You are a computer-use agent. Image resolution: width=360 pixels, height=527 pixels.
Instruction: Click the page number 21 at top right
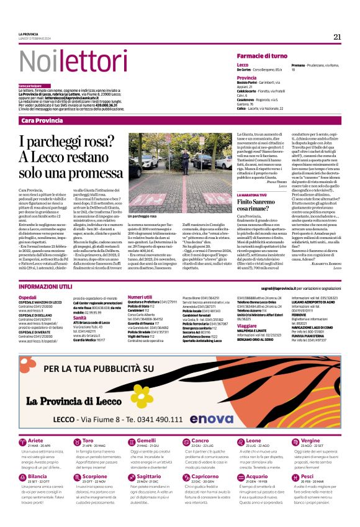pos(337,37)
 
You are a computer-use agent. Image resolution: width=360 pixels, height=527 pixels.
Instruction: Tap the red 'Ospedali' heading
pos(28,297)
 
